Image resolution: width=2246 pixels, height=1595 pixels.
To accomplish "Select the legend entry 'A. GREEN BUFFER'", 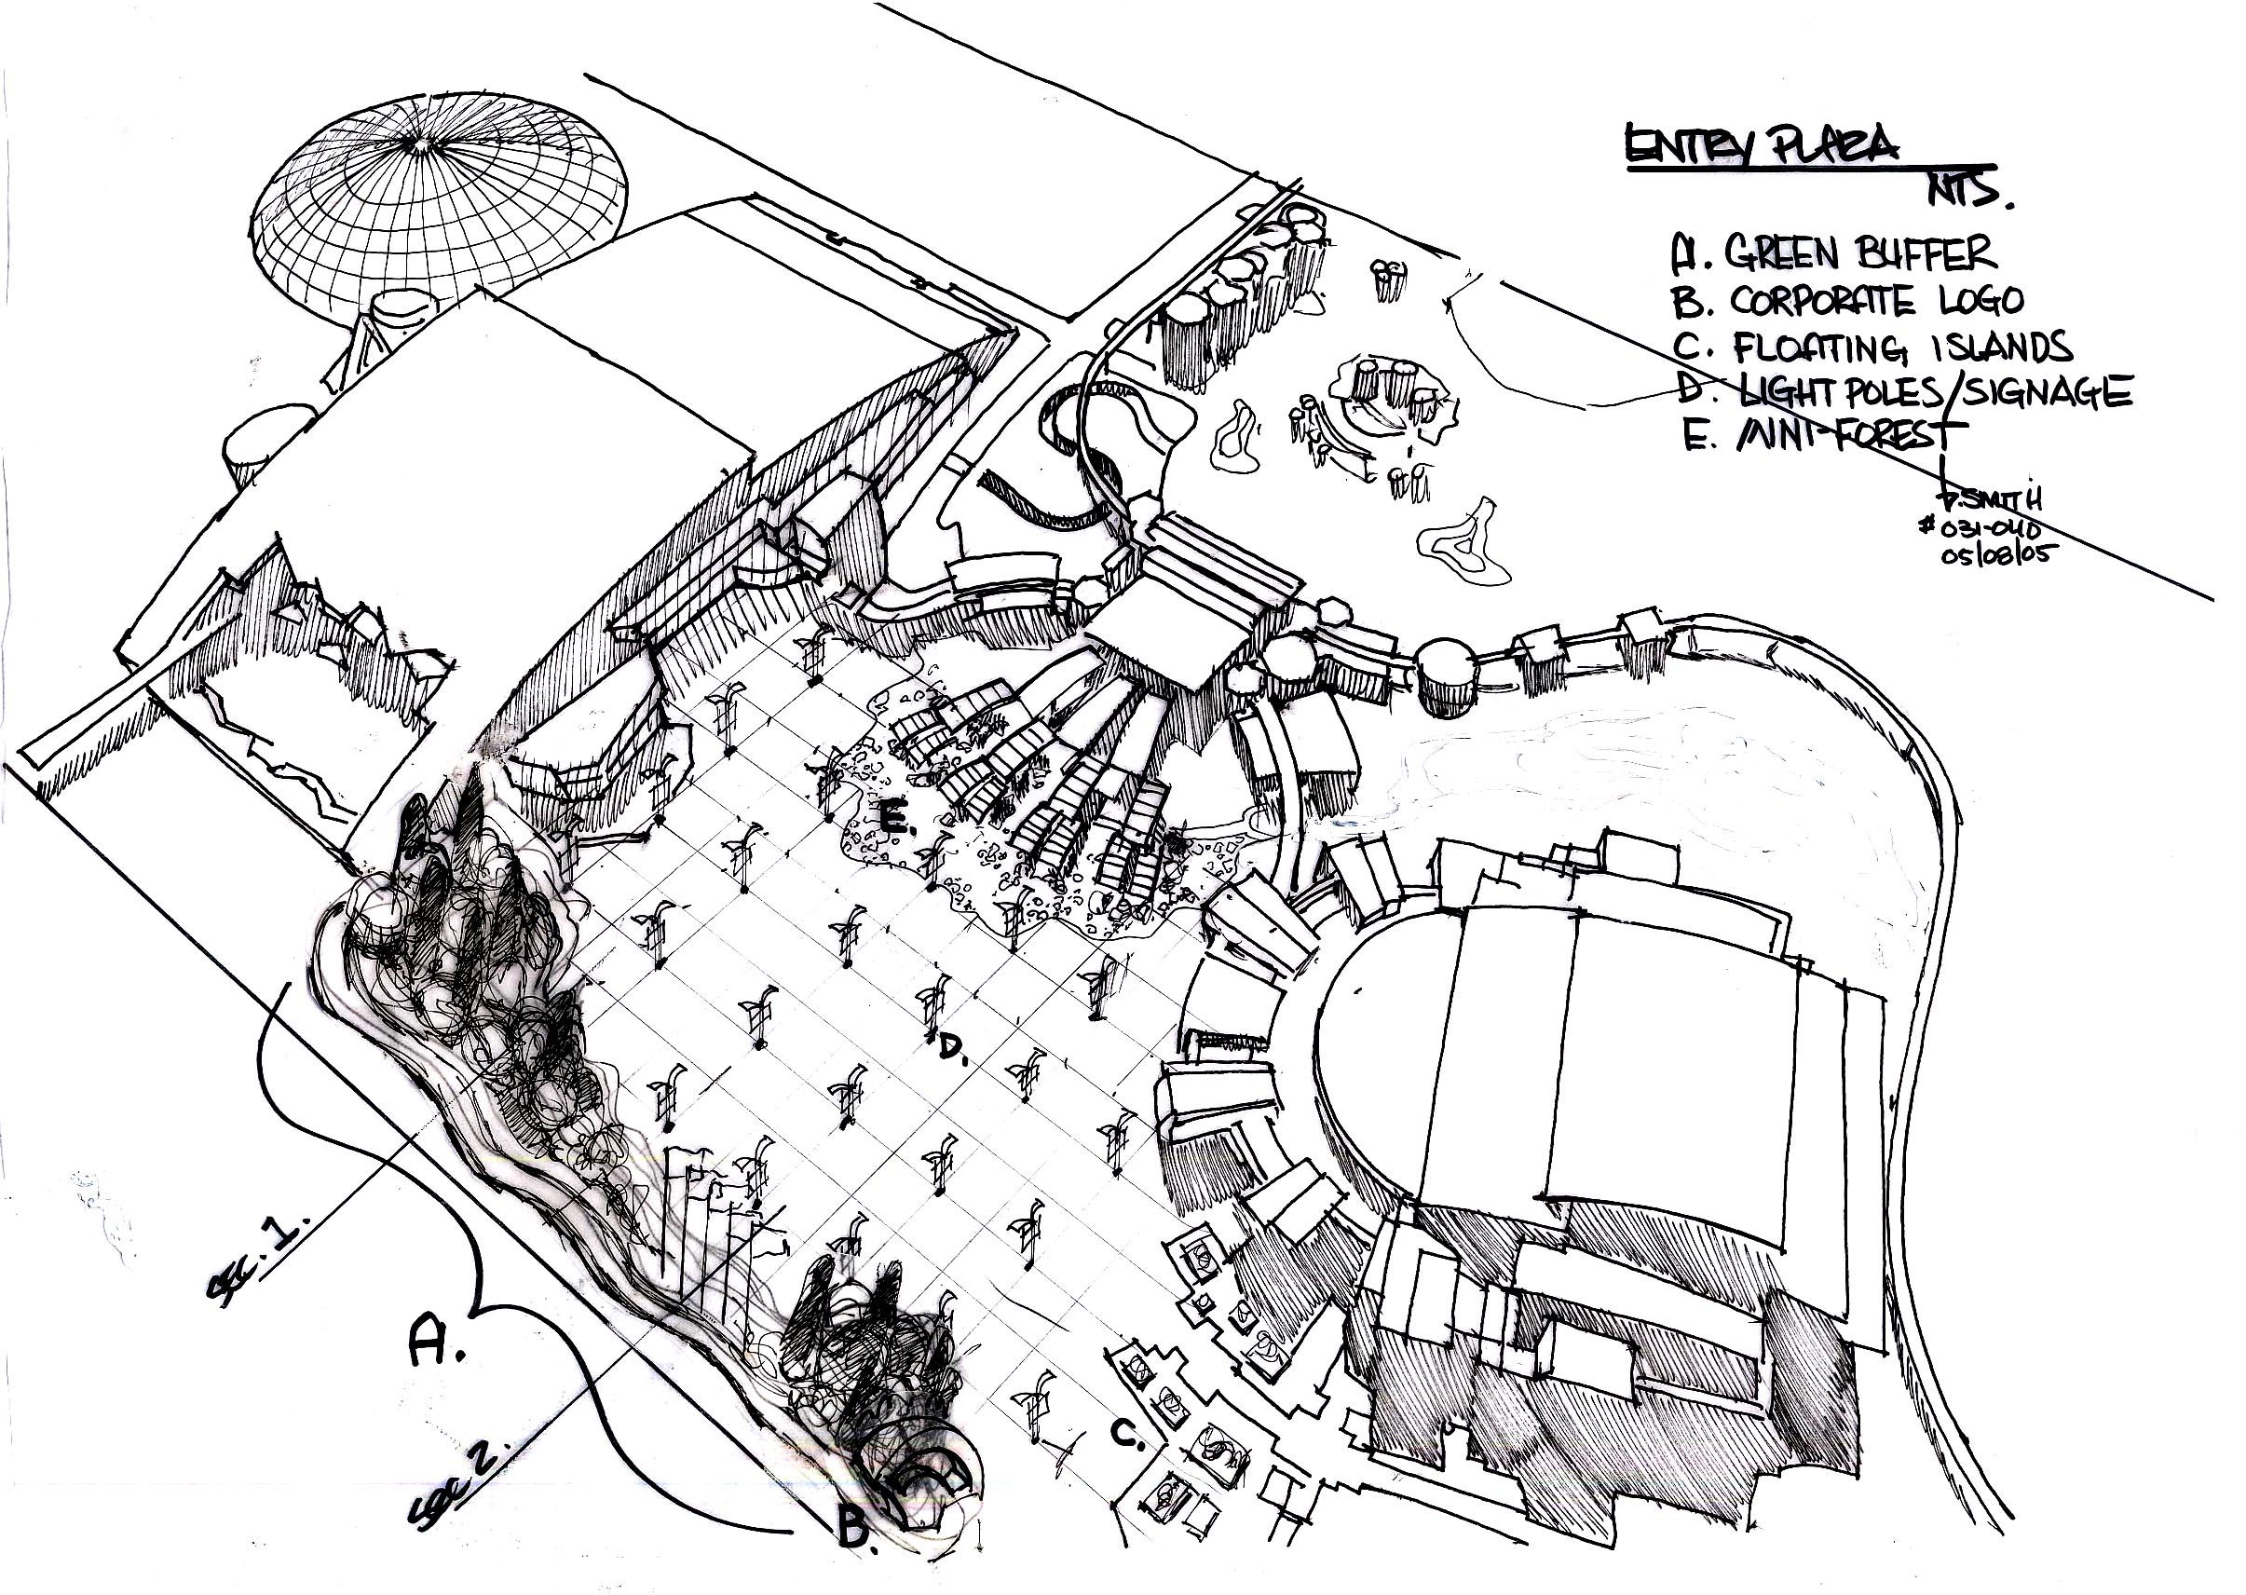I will (1832, 252).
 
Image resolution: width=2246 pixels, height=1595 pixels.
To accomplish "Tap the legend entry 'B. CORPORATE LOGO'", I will (1846, 301).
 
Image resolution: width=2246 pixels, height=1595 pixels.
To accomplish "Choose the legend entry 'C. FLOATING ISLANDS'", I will (1872, 348).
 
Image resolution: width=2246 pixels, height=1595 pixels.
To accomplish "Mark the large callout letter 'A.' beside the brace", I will (435, 1342).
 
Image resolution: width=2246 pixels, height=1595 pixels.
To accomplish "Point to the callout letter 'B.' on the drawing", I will (856, 1528).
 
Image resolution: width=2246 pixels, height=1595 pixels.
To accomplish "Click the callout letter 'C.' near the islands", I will (1126, 1434).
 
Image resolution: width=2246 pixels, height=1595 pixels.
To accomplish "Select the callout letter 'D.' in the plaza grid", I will (953, 1050).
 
